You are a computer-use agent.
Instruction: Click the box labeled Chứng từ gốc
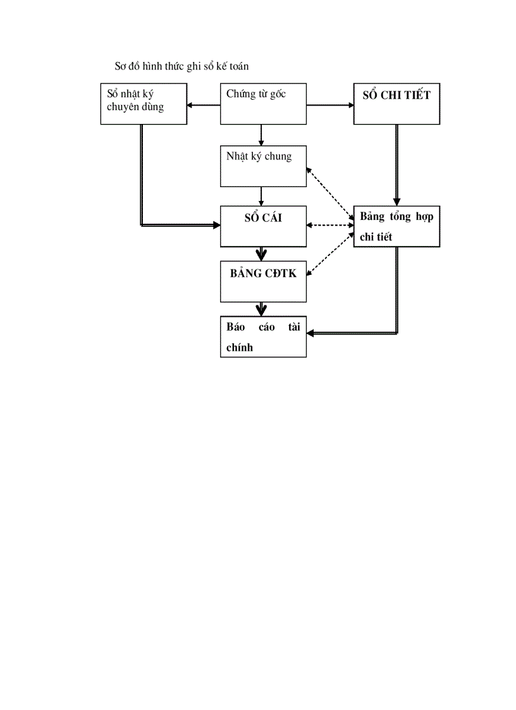tap(263, 104)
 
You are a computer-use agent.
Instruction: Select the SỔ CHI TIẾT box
tap(396, 104)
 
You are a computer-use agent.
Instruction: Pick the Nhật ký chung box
tap(263, 166)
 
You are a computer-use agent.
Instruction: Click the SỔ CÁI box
tap(263, 226)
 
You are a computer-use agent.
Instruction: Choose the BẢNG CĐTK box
tap(263, 281)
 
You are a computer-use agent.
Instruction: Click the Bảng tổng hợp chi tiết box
tap(396, 226)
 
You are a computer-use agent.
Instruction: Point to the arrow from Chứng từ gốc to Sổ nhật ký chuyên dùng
tap(204, 106)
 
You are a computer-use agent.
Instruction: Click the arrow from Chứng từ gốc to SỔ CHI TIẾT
tap(330, 106)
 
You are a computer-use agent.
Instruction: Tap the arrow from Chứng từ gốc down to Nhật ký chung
tap(261, 135)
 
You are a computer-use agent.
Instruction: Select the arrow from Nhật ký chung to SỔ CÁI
tap(261, 196)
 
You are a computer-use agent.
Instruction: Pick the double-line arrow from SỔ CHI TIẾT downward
tap(396, 164)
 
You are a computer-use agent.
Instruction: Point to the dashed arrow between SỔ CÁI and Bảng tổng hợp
tap(330, 225)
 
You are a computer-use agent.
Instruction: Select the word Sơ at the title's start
tap(120, 66)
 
